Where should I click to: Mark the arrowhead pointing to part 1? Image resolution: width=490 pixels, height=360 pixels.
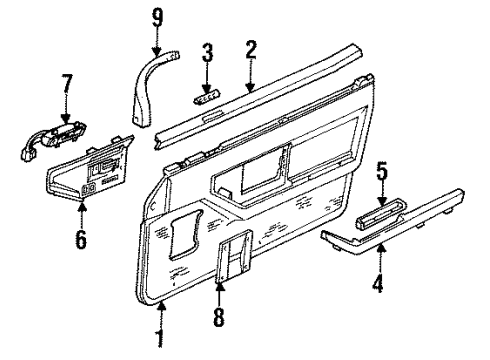coord(160,305)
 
